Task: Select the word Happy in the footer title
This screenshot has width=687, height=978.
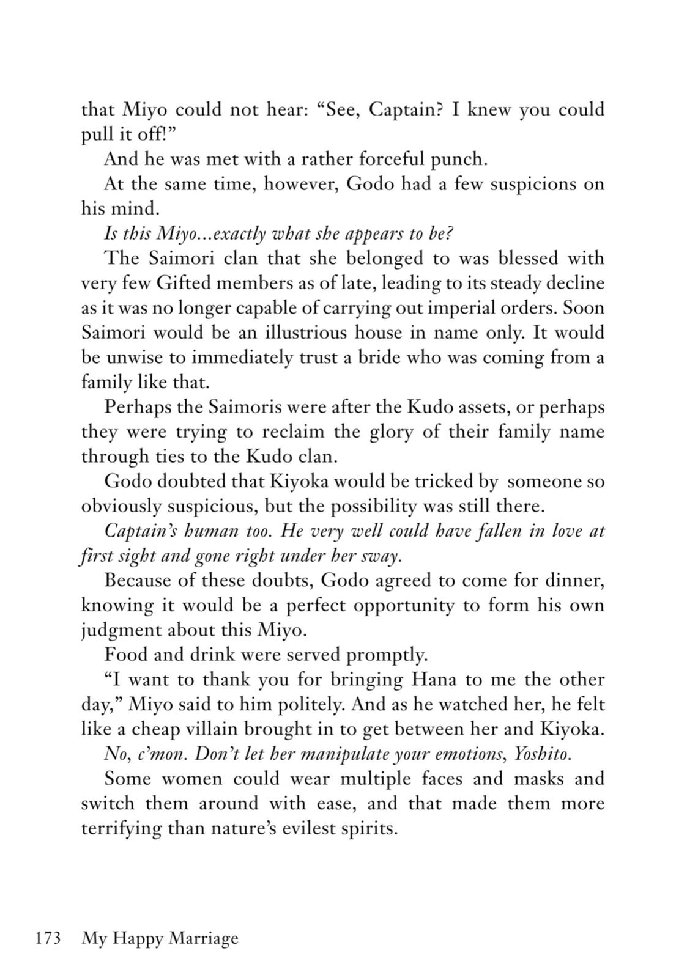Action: pyautogui.click(x=136, y=939)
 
